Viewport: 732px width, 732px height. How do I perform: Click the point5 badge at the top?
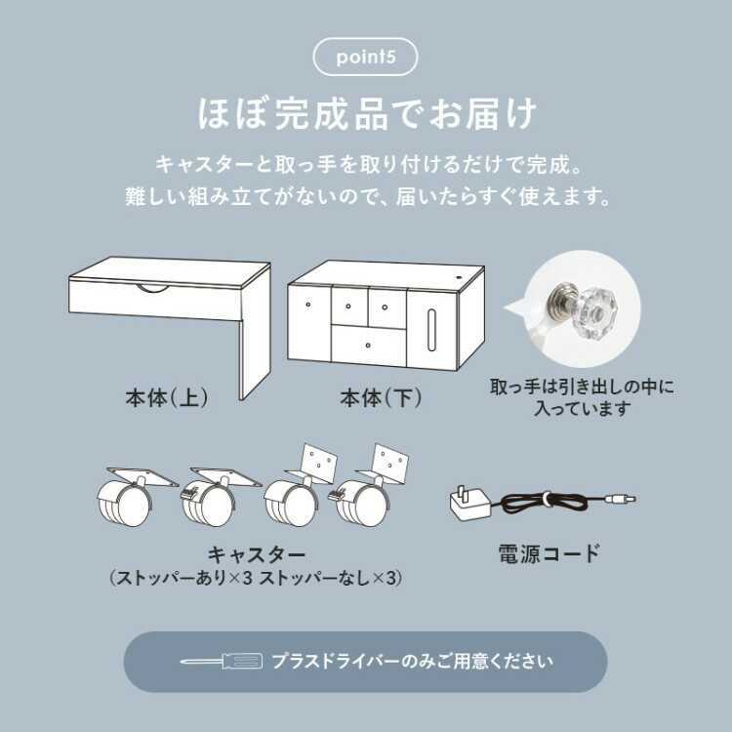click(x=365, y=57)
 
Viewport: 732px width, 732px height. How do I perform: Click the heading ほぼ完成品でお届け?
click(x=366, y=113)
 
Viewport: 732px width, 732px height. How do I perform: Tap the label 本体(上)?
click(x=167, y=398)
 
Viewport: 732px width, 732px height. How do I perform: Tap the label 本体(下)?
click(x=381, y=398)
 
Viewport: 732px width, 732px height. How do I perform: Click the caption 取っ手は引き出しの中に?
click(x=582, y=387)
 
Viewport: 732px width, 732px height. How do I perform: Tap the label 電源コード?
click(x=549, y=553)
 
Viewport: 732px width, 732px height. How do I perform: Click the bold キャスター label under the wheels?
click(x=257, y=555)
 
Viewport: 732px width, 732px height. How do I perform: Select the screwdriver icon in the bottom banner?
click(x=221, y=661)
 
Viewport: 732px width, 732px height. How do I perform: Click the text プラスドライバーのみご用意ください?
click(x=412, y=661)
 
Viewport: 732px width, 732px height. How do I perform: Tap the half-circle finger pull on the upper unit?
click(x=152, y=288)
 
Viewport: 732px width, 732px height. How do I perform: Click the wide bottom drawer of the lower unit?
click(x=369, y=346)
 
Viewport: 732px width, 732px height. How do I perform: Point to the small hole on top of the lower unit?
click(x=460, y=278)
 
